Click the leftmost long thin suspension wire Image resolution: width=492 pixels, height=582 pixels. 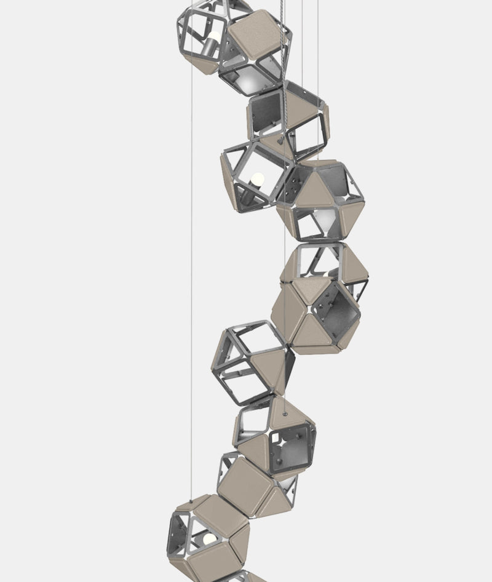(192, 246)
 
